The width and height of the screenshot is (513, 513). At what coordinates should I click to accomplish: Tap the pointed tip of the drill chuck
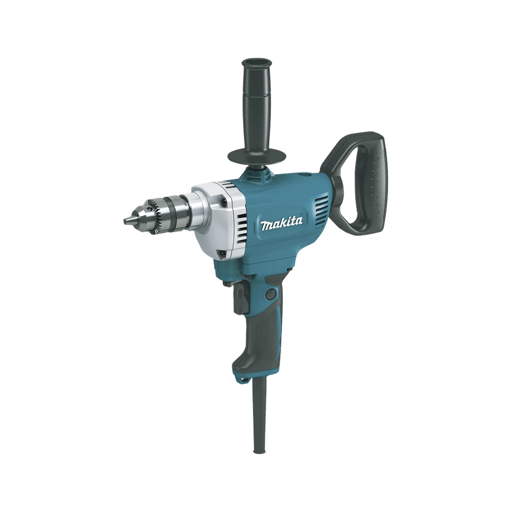coord(125,220)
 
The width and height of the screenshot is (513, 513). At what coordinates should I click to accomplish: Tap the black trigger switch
coord(239,298)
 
